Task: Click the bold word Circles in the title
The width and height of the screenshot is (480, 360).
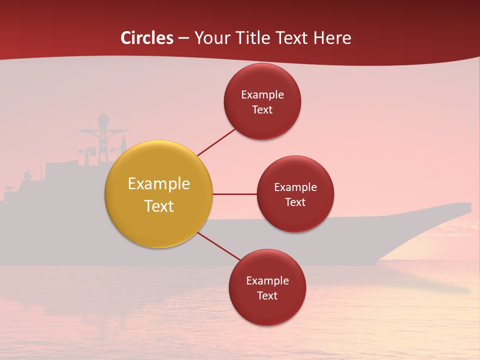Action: coord(147,37)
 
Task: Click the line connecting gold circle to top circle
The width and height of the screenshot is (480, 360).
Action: coord(216,142)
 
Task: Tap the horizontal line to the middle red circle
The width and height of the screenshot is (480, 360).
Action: coord(234,194)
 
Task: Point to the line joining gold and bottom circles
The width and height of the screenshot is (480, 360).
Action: coord(218,245)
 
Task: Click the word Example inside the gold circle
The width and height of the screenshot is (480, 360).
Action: coord(158,183)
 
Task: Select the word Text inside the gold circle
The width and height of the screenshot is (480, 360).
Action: coord(158,205)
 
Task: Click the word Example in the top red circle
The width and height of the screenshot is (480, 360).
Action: coord(262,94)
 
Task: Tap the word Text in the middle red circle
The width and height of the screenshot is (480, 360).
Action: coord(295,202)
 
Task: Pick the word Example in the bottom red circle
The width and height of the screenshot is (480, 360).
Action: coord(267,280)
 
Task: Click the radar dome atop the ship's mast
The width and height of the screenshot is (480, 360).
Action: coord(103,119)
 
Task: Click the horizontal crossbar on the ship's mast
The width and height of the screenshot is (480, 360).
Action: coord(103,131)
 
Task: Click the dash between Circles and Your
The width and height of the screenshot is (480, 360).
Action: coord(183,38)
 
